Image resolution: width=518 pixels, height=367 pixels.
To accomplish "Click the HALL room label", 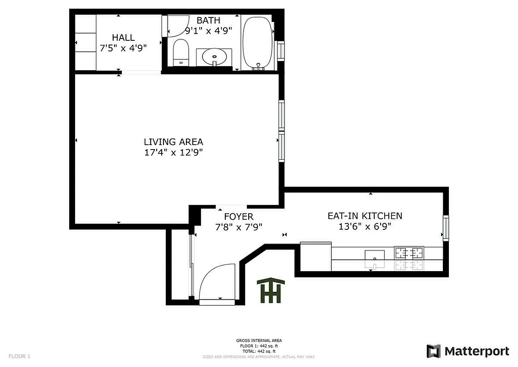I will point(123,38).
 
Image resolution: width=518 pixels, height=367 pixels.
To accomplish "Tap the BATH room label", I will point(208,20).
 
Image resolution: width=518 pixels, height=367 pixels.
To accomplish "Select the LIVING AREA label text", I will point(173,142).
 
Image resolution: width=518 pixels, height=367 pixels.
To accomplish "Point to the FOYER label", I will point(238,217).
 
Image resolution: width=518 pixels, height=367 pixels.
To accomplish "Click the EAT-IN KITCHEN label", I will point(365,216).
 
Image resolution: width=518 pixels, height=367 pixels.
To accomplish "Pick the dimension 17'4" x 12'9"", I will point(173,153).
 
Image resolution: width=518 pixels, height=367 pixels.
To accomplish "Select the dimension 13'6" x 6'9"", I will point(365,226).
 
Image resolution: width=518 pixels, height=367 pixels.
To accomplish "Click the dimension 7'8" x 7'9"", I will point(239,227).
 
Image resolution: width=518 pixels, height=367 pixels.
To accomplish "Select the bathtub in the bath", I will point(257,43).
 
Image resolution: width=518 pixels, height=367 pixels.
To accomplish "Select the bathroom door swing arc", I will point(178,26).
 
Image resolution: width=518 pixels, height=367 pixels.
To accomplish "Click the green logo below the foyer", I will point(270,290).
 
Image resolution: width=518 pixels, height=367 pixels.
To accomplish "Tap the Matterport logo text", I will point(476,351).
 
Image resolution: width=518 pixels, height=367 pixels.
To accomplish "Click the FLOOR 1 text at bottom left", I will point(19,356).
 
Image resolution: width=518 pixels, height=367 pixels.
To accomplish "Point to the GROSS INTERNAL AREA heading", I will point(259,340).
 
